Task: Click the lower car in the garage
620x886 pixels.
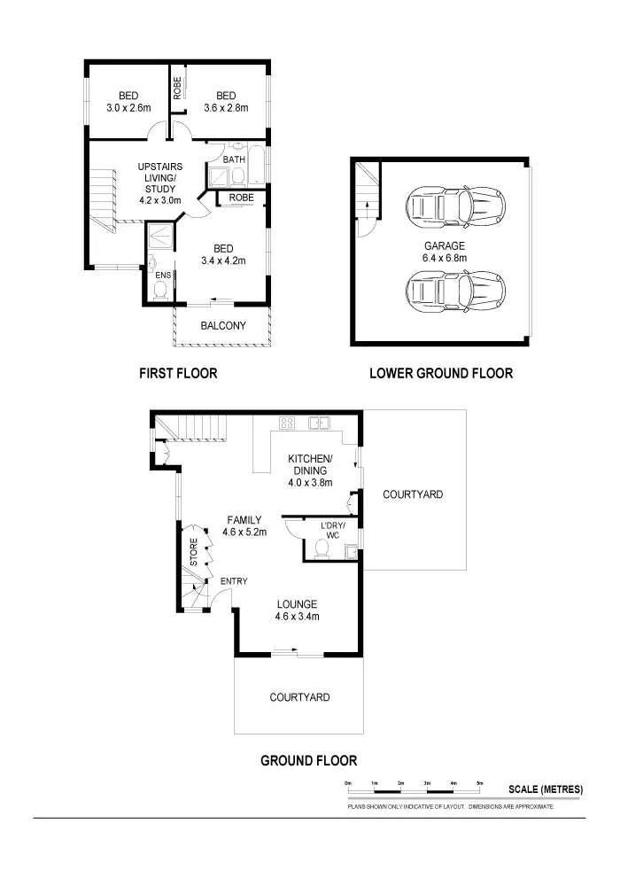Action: pos(456,289)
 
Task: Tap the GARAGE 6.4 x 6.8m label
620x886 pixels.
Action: pos(445,253)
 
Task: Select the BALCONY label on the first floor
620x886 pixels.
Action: pos(223,326)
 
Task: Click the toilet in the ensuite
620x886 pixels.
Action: pos(160,296)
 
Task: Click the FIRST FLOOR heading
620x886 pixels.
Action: pos(178,374)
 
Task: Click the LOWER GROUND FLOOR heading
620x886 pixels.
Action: pos(440,374)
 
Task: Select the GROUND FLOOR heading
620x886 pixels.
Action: pos(308,760)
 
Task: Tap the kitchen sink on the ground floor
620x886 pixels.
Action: pos(319,424)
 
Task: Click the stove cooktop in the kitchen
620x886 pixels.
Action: pos(287,423)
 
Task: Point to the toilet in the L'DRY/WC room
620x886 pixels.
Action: pos(322,551)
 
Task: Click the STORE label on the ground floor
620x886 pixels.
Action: pos(194,551)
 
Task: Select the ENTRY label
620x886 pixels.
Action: pos(234,581)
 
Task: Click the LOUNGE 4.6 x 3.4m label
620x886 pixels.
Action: pos(297,610)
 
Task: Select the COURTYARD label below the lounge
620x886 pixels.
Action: pos(299,697)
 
